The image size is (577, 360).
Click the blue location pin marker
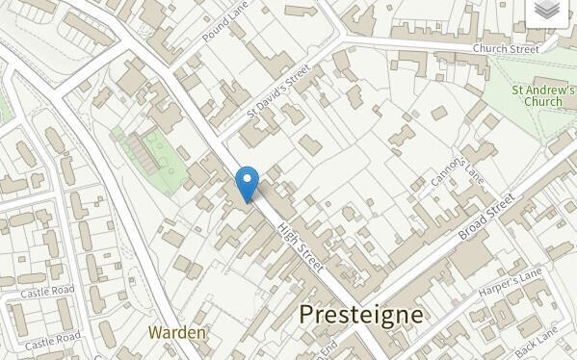pyautogui.click(x=248, y=184)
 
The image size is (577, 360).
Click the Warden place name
pyautogui.click(x=178, y=332)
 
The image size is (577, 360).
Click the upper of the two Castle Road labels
pyautogui.click(x=47, y=291)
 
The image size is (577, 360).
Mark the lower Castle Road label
pyautogui.click(x=53, y=340)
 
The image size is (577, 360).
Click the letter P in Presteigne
pyautogui.click(x=307, y=314)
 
